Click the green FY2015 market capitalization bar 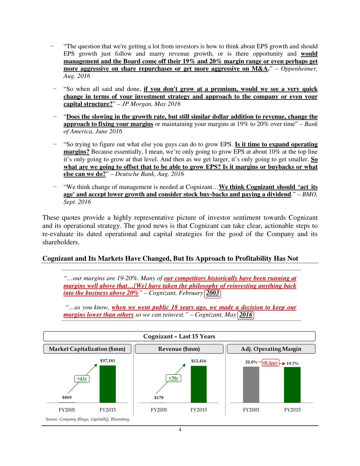coord(108,384)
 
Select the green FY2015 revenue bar coord(198,384)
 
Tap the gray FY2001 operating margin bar coord(251,384)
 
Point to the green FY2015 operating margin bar coord(292,385)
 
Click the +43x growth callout coord(82,379)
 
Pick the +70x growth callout coord(173,378)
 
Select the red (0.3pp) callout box coord(270,363)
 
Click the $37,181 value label coord(108,361)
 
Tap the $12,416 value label coord(198,361)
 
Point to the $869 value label coord(67,397)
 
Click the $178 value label coord(159,398)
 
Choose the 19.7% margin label coord(292,363)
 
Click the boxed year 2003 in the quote coord(212,293)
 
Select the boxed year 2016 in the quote coord(246,315)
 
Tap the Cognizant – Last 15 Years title coord(179,336)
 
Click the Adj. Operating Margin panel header coord(271,349)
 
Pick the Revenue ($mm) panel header coord(179,349)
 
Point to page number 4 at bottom coord(180,430)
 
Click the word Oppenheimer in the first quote coord(299,69)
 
